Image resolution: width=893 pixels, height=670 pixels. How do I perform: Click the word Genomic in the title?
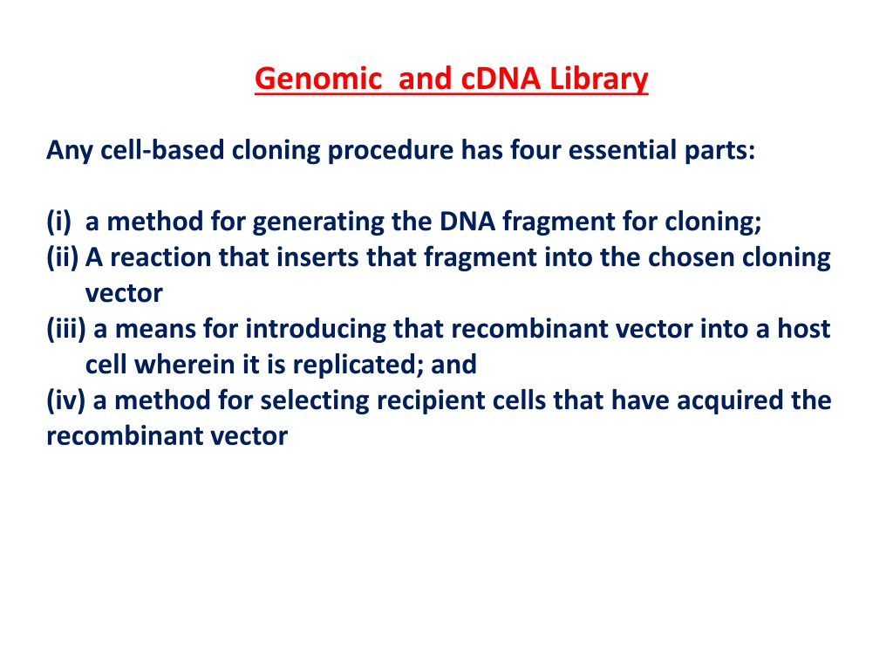(x=317, y=79)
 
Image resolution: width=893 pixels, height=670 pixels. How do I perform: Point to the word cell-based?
(x=162, y=150)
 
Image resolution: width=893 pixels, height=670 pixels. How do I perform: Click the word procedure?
(x=390, y=151)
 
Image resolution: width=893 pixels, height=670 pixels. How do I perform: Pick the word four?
(x=535, y=150)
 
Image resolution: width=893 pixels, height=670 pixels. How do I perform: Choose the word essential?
(x=623, y=150)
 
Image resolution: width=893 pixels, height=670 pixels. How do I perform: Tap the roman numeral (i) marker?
(x=59, y=222)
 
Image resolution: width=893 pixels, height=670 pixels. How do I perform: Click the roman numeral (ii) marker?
(x=63, y=257)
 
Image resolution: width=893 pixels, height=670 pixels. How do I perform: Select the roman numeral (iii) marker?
(x=66, y=329)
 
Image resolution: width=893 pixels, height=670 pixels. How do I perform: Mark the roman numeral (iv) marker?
(x=65, y=400)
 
